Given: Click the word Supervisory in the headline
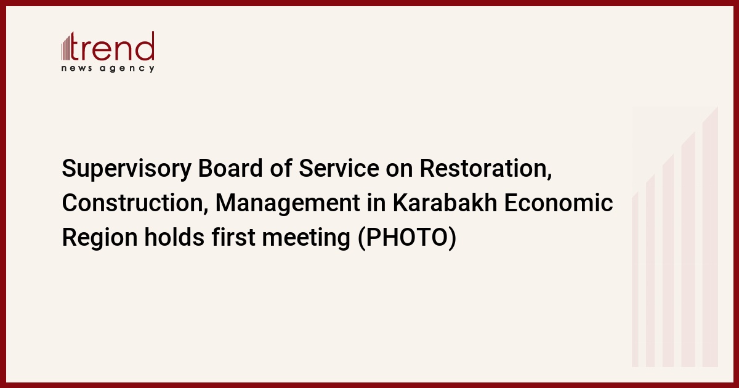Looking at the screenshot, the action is tap(127, 169).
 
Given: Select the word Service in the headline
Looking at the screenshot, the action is tap(339, 168).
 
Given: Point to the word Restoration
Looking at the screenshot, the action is tap(486, 169).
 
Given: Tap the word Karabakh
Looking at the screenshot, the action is tap(445, 203).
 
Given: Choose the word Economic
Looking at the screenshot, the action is tap(558, 203).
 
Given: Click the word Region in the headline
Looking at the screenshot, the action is tap(100, 238).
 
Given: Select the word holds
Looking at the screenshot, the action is tap(174, 237).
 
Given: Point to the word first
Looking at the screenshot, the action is tap(233, 237).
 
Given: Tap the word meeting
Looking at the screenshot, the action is tap(306, 238).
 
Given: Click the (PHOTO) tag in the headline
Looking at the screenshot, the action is tap(407, 238).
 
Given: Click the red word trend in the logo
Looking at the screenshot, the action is tap(112, 47).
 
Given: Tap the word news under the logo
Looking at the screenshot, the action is tap(76, 68).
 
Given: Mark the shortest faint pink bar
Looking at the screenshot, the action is tap(635, 280).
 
